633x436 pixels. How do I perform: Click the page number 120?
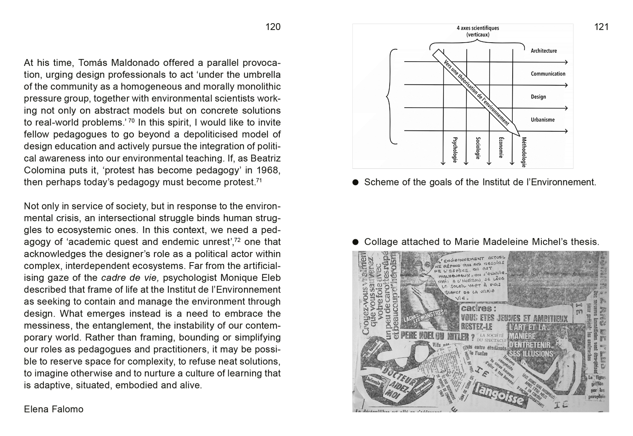pos(273,27)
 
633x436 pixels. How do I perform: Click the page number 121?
pos(601,27)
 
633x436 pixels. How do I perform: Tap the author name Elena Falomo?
pos(54,409)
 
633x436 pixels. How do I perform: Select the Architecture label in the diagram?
pos(544,51)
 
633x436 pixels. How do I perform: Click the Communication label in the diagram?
pos(548,74)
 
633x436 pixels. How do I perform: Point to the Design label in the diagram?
pos(538,97)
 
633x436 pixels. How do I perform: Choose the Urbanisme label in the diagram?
pos(543,120)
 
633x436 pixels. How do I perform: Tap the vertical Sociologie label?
pos(478,148)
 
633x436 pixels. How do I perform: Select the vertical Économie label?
pos(501,147)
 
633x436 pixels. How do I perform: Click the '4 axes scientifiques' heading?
pos(478,28)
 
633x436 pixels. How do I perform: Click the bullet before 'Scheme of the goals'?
pos(356,182)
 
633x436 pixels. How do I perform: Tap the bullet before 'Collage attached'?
pos(356,242)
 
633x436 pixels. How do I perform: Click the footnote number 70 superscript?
pos(131,121)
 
